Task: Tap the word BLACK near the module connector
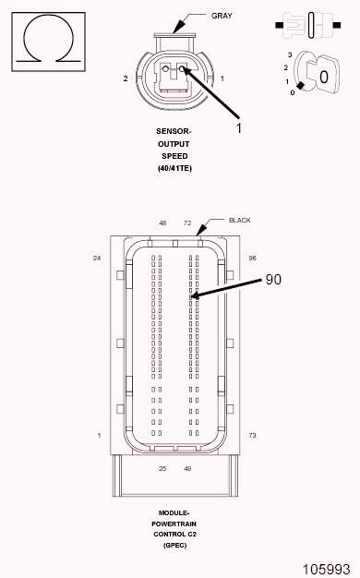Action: [239, 220]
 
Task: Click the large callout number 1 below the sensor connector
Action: [238, 128]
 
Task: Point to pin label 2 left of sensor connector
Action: [125, 79]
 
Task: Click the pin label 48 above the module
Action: [162, 223]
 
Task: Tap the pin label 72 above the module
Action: [186, 223]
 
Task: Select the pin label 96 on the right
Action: [252, 258]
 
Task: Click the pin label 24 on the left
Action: [96, 258]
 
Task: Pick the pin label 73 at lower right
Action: [252, 434]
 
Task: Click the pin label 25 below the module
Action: [162, 468]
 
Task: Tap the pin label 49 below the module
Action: [187, 468]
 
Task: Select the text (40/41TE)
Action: [174, 167]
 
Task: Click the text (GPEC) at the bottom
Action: [174, 547]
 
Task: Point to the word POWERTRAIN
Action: [174, 524]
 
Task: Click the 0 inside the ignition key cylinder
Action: [323, 78]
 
